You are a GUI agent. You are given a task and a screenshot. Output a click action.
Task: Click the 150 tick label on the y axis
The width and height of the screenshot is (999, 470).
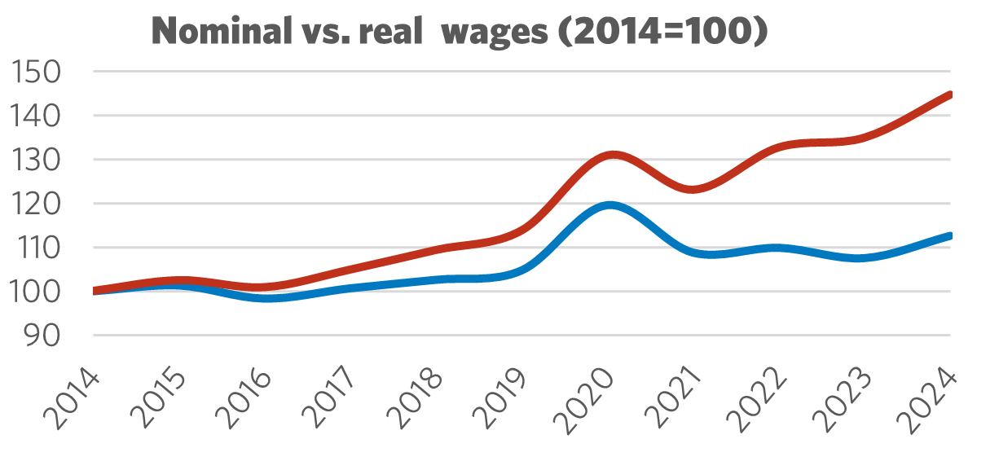click(37, 73)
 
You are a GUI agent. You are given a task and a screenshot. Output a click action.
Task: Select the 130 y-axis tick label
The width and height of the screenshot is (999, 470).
click(37, 160)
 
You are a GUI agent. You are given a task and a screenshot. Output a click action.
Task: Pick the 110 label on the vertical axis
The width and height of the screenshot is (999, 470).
click(37, 248)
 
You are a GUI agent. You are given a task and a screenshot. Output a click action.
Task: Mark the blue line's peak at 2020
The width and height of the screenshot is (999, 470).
click(610, 204)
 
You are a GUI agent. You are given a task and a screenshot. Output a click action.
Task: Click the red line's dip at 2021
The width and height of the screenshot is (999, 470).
click(694, 189)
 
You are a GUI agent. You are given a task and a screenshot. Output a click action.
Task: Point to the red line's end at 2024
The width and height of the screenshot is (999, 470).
click(949, 94)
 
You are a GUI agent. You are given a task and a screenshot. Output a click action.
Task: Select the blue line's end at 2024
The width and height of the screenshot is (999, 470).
click(949, 235)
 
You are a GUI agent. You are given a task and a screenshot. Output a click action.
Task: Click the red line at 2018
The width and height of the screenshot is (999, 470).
click(438, 248)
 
